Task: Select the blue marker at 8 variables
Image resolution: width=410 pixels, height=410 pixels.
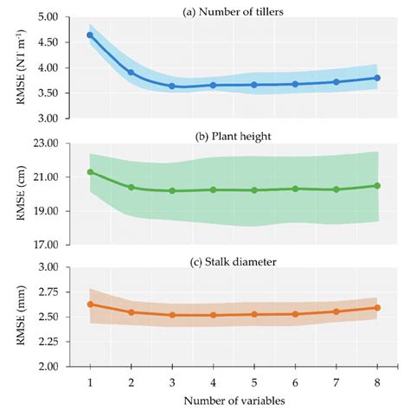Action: tap(377, 78)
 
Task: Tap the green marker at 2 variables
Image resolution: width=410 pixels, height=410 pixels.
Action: tap(131, 187)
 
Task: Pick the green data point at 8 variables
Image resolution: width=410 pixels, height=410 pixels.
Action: tap(377, 185)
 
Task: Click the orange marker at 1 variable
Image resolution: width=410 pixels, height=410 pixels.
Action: tap(90, 304)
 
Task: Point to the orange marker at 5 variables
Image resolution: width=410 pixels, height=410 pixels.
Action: tap(254, 314)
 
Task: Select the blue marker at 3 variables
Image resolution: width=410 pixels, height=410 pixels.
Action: tap(172, 86)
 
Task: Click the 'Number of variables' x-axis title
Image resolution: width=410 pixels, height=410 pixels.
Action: tap(234, 400)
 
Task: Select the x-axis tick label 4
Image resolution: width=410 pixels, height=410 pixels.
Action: tap(213, 381)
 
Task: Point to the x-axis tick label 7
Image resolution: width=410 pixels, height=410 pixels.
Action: tap(336, 381)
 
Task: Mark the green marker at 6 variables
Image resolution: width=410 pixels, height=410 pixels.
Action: tap(295, 189)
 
